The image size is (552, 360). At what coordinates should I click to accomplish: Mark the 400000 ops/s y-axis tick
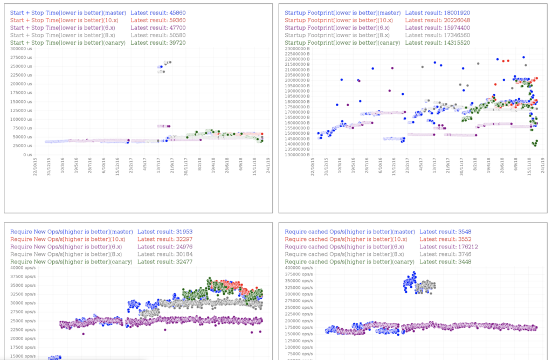[x=296, y=268]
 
